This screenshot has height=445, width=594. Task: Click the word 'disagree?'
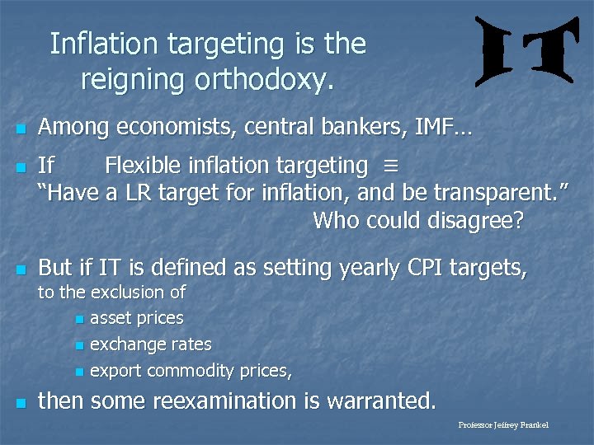479,222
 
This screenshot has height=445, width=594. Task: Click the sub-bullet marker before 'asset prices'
78,319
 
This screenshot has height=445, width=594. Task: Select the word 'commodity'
193,372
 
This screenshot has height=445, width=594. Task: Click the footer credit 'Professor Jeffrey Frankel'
502,425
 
